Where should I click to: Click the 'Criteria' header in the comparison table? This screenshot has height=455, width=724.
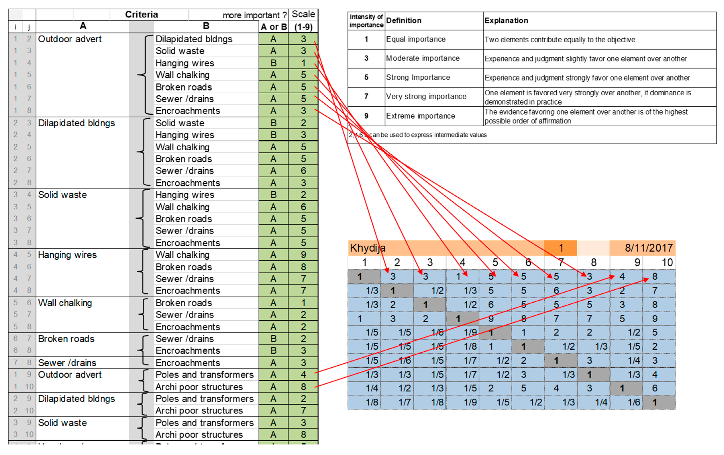(x=141, y=14)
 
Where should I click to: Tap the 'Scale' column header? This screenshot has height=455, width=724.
(x=303, y=14)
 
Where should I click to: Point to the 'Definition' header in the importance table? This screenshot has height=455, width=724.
(x=403, y=20)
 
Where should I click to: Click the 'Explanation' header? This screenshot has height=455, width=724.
(x=506, y=20)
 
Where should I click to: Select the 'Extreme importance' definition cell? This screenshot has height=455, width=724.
(x=420, y=116)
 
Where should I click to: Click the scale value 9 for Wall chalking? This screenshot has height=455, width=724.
(x=303, y=255)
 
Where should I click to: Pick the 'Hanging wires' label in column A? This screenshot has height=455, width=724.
(x=67, y=255)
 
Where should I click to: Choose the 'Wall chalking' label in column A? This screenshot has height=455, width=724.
(x=65, y=303)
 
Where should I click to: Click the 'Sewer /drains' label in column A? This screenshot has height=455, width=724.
(x=67, y=363)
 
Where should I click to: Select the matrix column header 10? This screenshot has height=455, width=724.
(x=667, y=262)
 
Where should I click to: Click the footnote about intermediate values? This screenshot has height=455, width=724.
(x=418, y=135)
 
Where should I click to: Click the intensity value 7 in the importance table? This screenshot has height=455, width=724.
(x=366, y=97)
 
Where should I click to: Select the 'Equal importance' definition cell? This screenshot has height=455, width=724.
(x=415, y=39)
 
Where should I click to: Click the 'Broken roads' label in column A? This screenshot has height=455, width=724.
(x=66, y=339)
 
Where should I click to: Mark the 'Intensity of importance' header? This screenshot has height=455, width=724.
(x=366, y=21)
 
